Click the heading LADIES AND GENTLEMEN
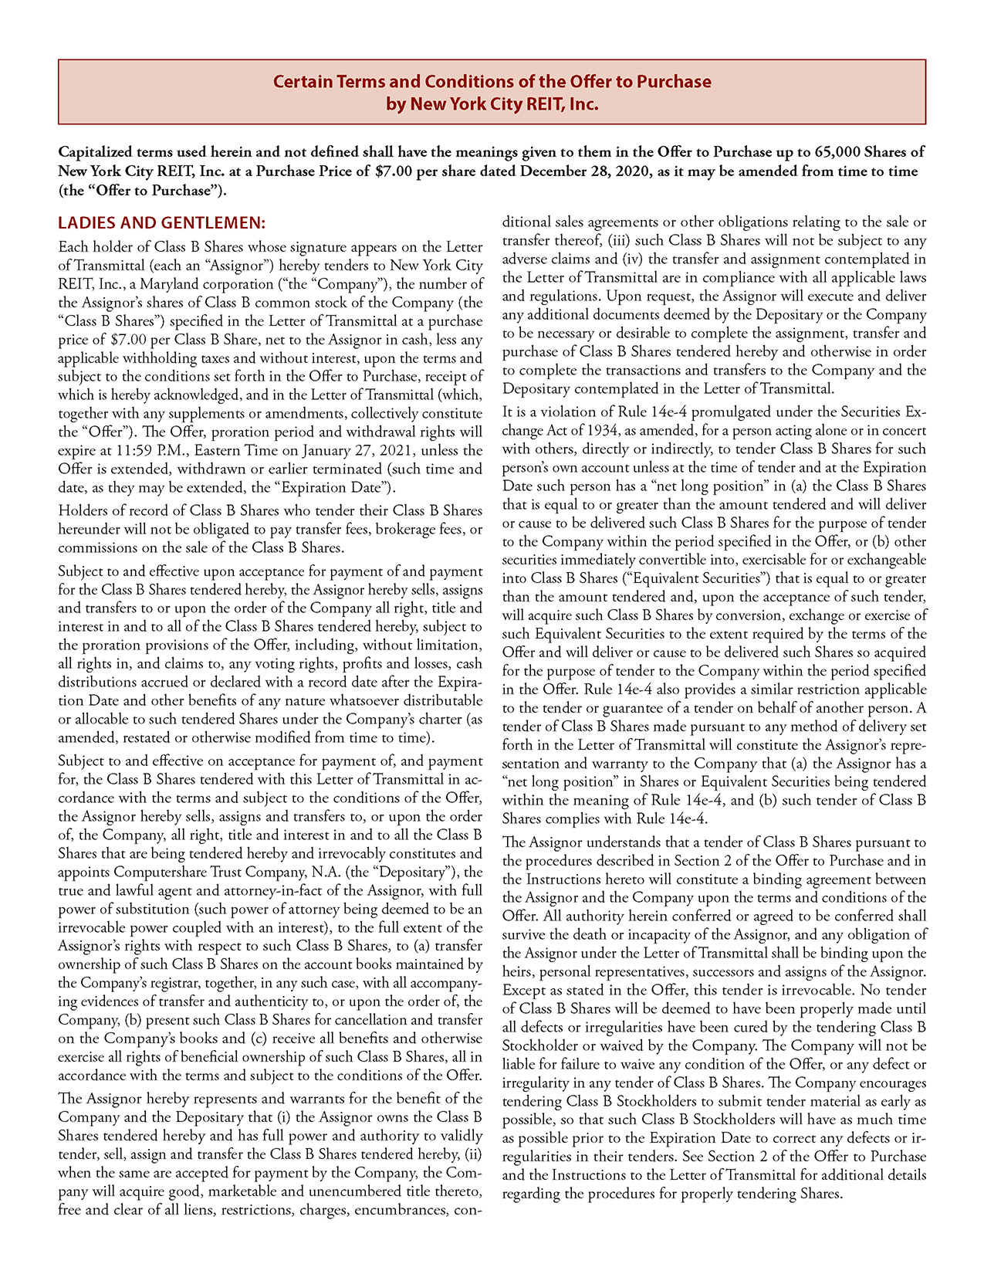[161, 223]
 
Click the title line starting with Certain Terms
[492, 82]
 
